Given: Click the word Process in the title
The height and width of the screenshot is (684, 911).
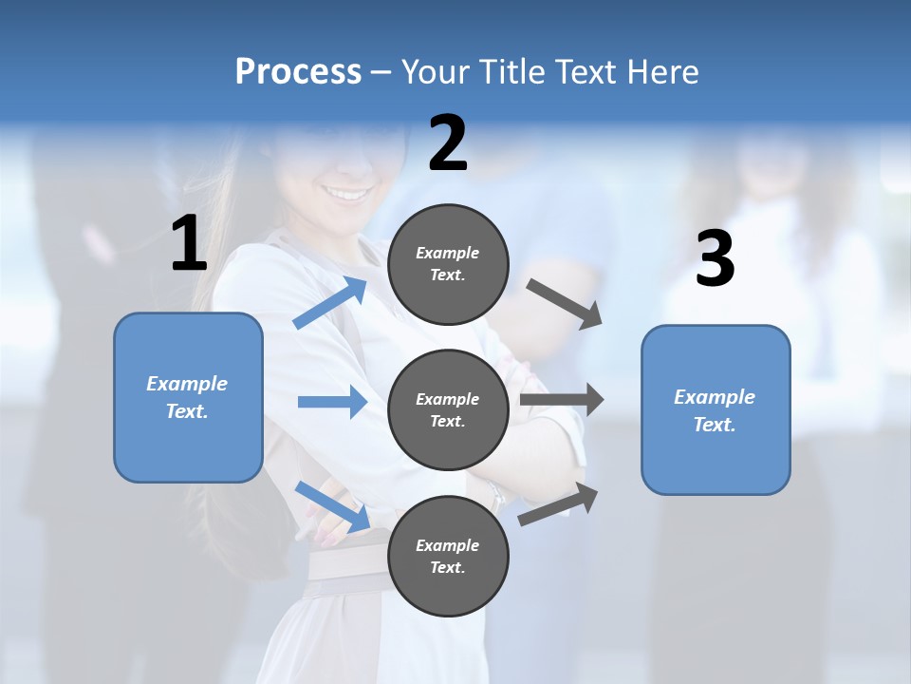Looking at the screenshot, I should pyautogui.click(x=298, y=71).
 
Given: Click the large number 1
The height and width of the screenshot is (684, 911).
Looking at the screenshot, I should pyautogui.click(x=189, y=244).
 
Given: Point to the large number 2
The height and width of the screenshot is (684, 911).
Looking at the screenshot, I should pyautogui.click(x=448, y=143).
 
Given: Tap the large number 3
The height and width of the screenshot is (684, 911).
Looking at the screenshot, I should pyautogui.click(x=715, y=259).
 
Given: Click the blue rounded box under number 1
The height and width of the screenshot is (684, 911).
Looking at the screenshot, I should pyautogui.click(x=188, y=397).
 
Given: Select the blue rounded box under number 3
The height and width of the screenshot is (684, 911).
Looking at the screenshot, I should pyautogui.click(x=716, y=409).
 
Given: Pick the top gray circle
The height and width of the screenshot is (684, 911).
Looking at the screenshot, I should pyautogui.click(x=448, y=264).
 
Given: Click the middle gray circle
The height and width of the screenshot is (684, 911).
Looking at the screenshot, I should pyautogui.click(x=448, y=409).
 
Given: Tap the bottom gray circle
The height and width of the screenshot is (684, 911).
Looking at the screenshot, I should pyautogui.click(x=448, y=556).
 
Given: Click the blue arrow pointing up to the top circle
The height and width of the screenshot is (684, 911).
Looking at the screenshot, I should pyautogui.click(x=330, y=303).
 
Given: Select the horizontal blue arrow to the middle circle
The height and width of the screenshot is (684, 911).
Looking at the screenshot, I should pyautogui.click(x=332, y=402).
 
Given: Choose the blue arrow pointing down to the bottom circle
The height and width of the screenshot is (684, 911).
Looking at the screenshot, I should pyautogui.click(x=332, y=506).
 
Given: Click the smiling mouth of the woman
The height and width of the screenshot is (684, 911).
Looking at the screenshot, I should pyautogui.click(x=348, y=194).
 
